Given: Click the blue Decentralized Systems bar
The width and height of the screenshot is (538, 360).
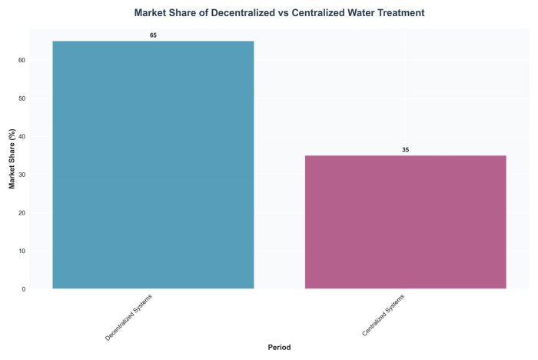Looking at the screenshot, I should point(153,165).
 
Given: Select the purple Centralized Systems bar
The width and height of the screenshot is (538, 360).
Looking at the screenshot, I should point(405,222).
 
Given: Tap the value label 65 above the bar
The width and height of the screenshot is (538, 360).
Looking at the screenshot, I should point(153,35).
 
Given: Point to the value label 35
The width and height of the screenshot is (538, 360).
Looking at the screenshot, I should point(405,150).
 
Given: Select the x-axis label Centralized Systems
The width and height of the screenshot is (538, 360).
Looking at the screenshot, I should point(384,315).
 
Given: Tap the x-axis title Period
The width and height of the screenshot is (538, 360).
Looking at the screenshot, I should point(279,348).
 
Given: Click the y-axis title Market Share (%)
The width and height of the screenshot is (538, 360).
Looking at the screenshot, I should point(12,159).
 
